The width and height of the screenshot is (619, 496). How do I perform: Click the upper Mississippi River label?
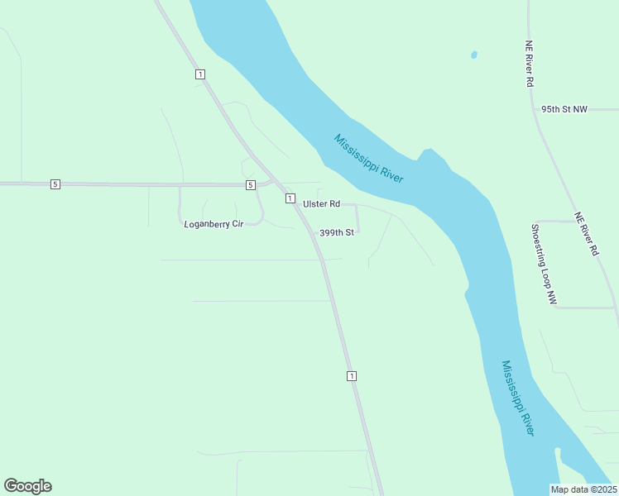tap(368, 158)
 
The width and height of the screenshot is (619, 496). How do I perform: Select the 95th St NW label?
tap(564, 109)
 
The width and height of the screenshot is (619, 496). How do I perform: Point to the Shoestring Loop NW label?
tap(544, 265)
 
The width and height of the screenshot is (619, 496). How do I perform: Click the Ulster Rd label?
tap(322, 203)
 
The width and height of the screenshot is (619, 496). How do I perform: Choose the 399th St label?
tap(337, 233)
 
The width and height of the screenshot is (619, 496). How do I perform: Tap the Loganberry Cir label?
tap(214, 224)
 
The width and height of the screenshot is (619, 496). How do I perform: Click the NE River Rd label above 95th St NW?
tap(529, 64)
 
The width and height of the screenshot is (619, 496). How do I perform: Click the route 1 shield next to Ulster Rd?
tap(290, 198)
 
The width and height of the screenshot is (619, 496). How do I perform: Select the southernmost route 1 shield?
tap(352, 376)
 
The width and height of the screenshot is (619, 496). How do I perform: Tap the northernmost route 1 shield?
tap(200, 74)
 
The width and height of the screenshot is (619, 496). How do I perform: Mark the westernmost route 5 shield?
tap(55, 184)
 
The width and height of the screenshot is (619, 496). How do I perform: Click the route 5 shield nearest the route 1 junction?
tap(250, 184)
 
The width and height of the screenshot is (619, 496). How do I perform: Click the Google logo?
tap(27, 486)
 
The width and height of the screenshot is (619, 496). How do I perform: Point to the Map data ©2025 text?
tap(583, 489)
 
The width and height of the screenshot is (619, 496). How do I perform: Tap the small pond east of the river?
tap(473, 55)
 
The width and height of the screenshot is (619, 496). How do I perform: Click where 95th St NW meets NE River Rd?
tap(535, 110)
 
